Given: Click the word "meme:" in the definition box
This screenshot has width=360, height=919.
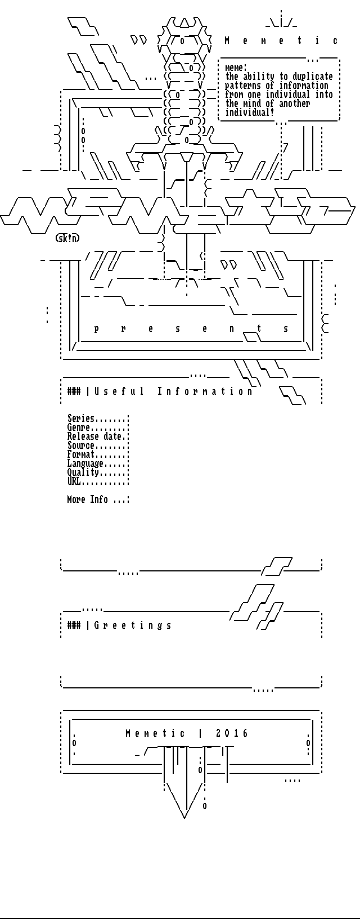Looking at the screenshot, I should tap(236, 68).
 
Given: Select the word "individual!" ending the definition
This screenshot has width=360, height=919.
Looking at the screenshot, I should tap(250, 112).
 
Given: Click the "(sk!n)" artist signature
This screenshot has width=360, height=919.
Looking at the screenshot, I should tap(67, 238).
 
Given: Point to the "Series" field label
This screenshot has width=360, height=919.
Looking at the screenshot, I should tap(81, 418).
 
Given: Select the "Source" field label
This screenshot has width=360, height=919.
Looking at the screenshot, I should tap(81, 445).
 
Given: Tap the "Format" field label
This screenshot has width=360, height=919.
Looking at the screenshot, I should tap(81, 454).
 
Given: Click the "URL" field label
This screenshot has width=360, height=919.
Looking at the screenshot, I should tap(74, 481).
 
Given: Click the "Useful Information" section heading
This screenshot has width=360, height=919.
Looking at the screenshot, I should tap(173, 391).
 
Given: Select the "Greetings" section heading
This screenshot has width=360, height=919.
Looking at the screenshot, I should tap(133, 625).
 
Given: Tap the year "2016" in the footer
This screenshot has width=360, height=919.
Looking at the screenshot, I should tap(232, 733).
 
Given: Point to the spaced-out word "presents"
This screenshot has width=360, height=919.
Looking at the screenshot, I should tap(191, 329).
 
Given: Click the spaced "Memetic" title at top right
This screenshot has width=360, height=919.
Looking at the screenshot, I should tap(281, 40).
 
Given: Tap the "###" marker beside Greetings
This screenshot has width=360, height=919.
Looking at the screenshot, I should tap(74, 625).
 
